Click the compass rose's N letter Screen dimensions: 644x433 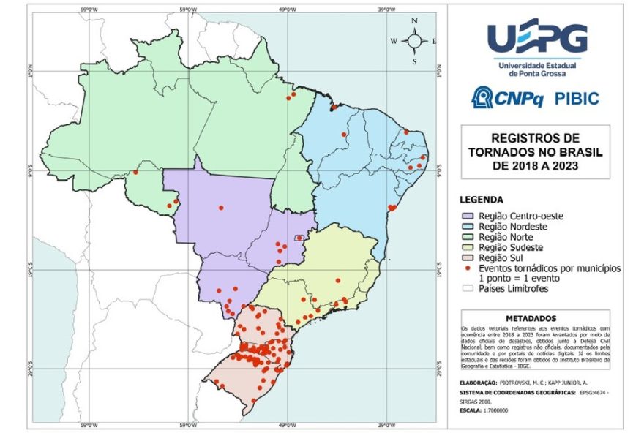point(414,22)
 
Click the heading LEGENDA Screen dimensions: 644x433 point(480,200)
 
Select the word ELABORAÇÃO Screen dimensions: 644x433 point(480,382)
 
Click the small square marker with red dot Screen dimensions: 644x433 point(299,238)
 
